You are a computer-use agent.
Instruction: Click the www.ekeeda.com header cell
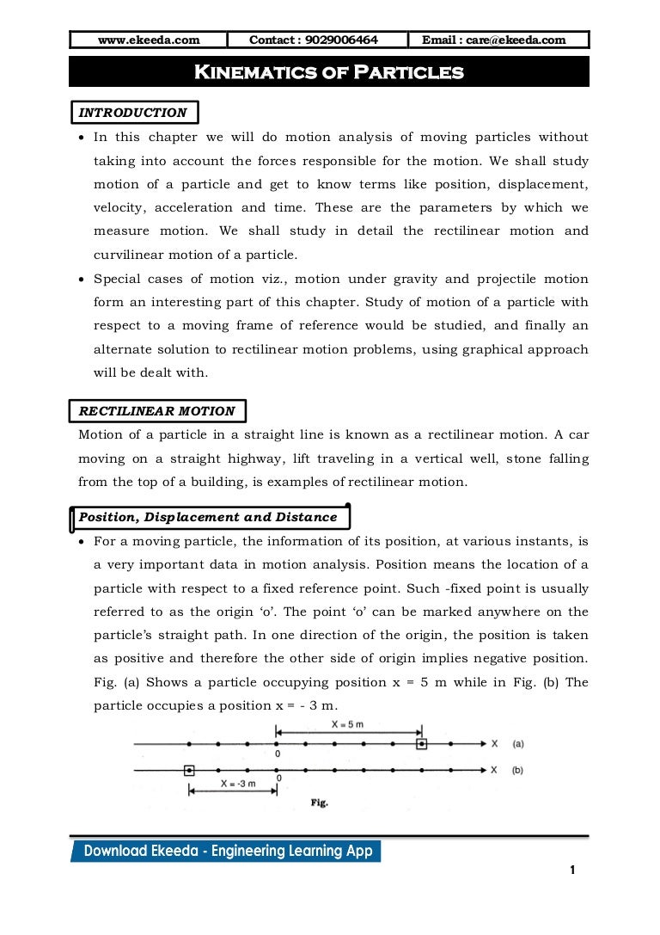149,40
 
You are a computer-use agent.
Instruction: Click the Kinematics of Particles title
329,72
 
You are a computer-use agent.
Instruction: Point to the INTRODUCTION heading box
133,113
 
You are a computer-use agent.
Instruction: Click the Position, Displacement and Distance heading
208,517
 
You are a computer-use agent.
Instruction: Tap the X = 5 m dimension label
349,725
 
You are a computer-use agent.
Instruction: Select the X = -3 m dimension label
232,784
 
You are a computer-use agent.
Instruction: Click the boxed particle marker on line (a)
421,744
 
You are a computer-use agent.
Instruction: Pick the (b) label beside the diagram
517,770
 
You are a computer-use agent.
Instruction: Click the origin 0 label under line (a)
278,754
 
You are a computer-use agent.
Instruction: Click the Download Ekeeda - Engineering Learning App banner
228,851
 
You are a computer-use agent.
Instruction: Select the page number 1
571,871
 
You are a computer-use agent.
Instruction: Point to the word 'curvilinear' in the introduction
128,255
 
